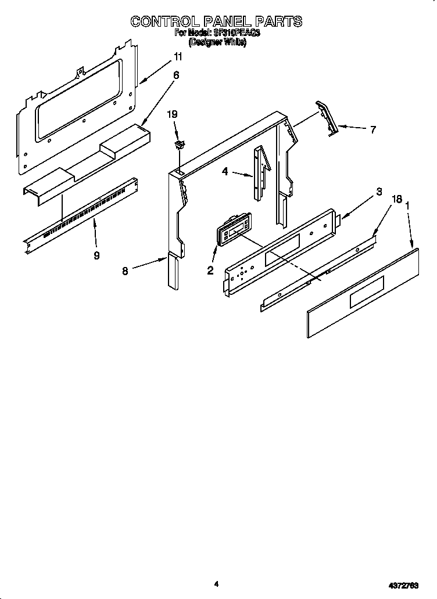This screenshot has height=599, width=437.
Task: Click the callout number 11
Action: point(178,57)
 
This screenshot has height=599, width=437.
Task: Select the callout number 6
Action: point(176,75)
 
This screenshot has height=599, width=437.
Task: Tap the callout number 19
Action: point(172,116)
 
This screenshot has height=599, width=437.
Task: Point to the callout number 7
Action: point(372,130)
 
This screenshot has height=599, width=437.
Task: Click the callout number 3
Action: point(379,192)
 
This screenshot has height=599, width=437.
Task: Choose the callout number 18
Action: point(397,199)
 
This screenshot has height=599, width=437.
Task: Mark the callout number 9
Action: point(96,255)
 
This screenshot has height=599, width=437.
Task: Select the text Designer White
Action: point(217,43)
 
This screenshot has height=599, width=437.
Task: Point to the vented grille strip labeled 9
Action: point(81,216)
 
